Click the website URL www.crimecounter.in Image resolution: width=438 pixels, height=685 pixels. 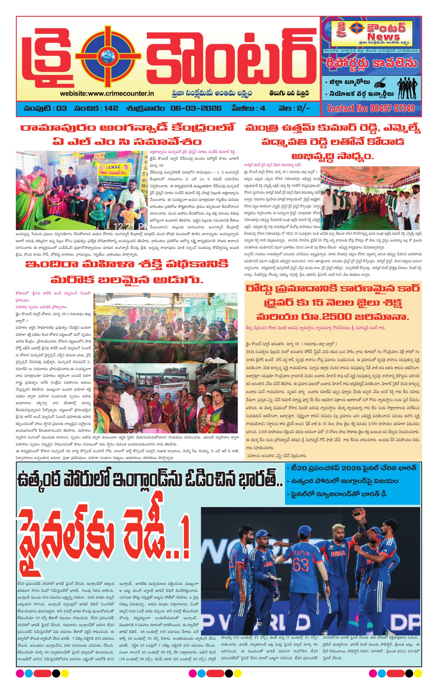[x=107, y=93]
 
